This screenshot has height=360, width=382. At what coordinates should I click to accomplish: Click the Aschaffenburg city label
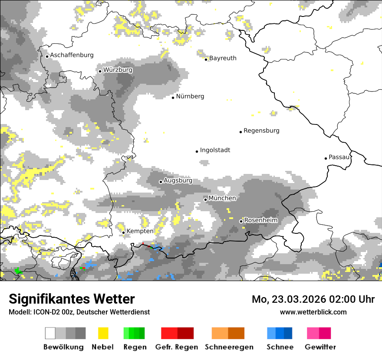tap(72, 55)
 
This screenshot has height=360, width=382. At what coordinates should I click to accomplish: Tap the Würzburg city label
tap(118, 70)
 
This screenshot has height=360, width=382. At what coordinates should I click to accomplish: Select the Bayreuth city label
tap(223, 58)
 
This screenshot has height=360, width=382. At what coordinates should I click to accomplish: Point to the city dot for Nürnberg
tap(173, 98)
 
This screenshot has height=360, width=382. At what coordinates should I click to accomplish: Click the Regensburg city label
tap(261, 131)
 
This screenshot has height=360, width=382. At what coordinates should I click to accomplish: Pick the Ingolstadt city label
tap(215, 150)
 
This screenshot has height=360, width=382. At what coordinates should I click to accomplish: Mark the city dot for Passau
tap(326, 158)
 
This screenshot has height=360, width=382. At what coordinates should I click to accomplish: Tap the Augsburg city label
tap(178, 180)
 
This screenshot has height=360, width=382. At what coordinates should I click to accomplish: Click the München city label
tap(222, 198)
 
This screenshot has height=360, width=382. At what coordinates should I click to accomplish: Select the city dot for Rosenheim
tap(241, 222)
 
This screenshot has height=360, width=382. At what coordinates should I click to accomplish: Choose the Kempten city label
tap(140, 231)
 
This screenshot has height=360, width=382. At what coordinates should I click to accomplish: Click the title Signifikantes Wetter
tap(72, 299)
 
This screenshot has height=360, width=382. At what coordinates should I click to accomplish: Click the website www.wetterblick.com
tap(313, 312)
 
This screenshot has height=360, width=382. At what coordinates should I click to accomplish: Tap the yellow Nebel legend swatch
tap(103, 333)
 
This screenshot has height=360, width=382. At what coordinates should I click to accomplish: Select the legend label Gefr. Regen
tap(177, 347)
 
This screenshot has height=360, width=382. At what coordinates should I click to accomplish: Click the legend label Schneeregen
tap(229, 347)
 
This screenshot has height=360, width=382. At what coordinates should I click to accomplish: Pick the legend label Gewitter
tap(320, 347)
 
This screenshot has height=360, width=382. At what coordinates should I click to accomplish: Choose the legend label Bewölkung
tap(63, 347)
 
